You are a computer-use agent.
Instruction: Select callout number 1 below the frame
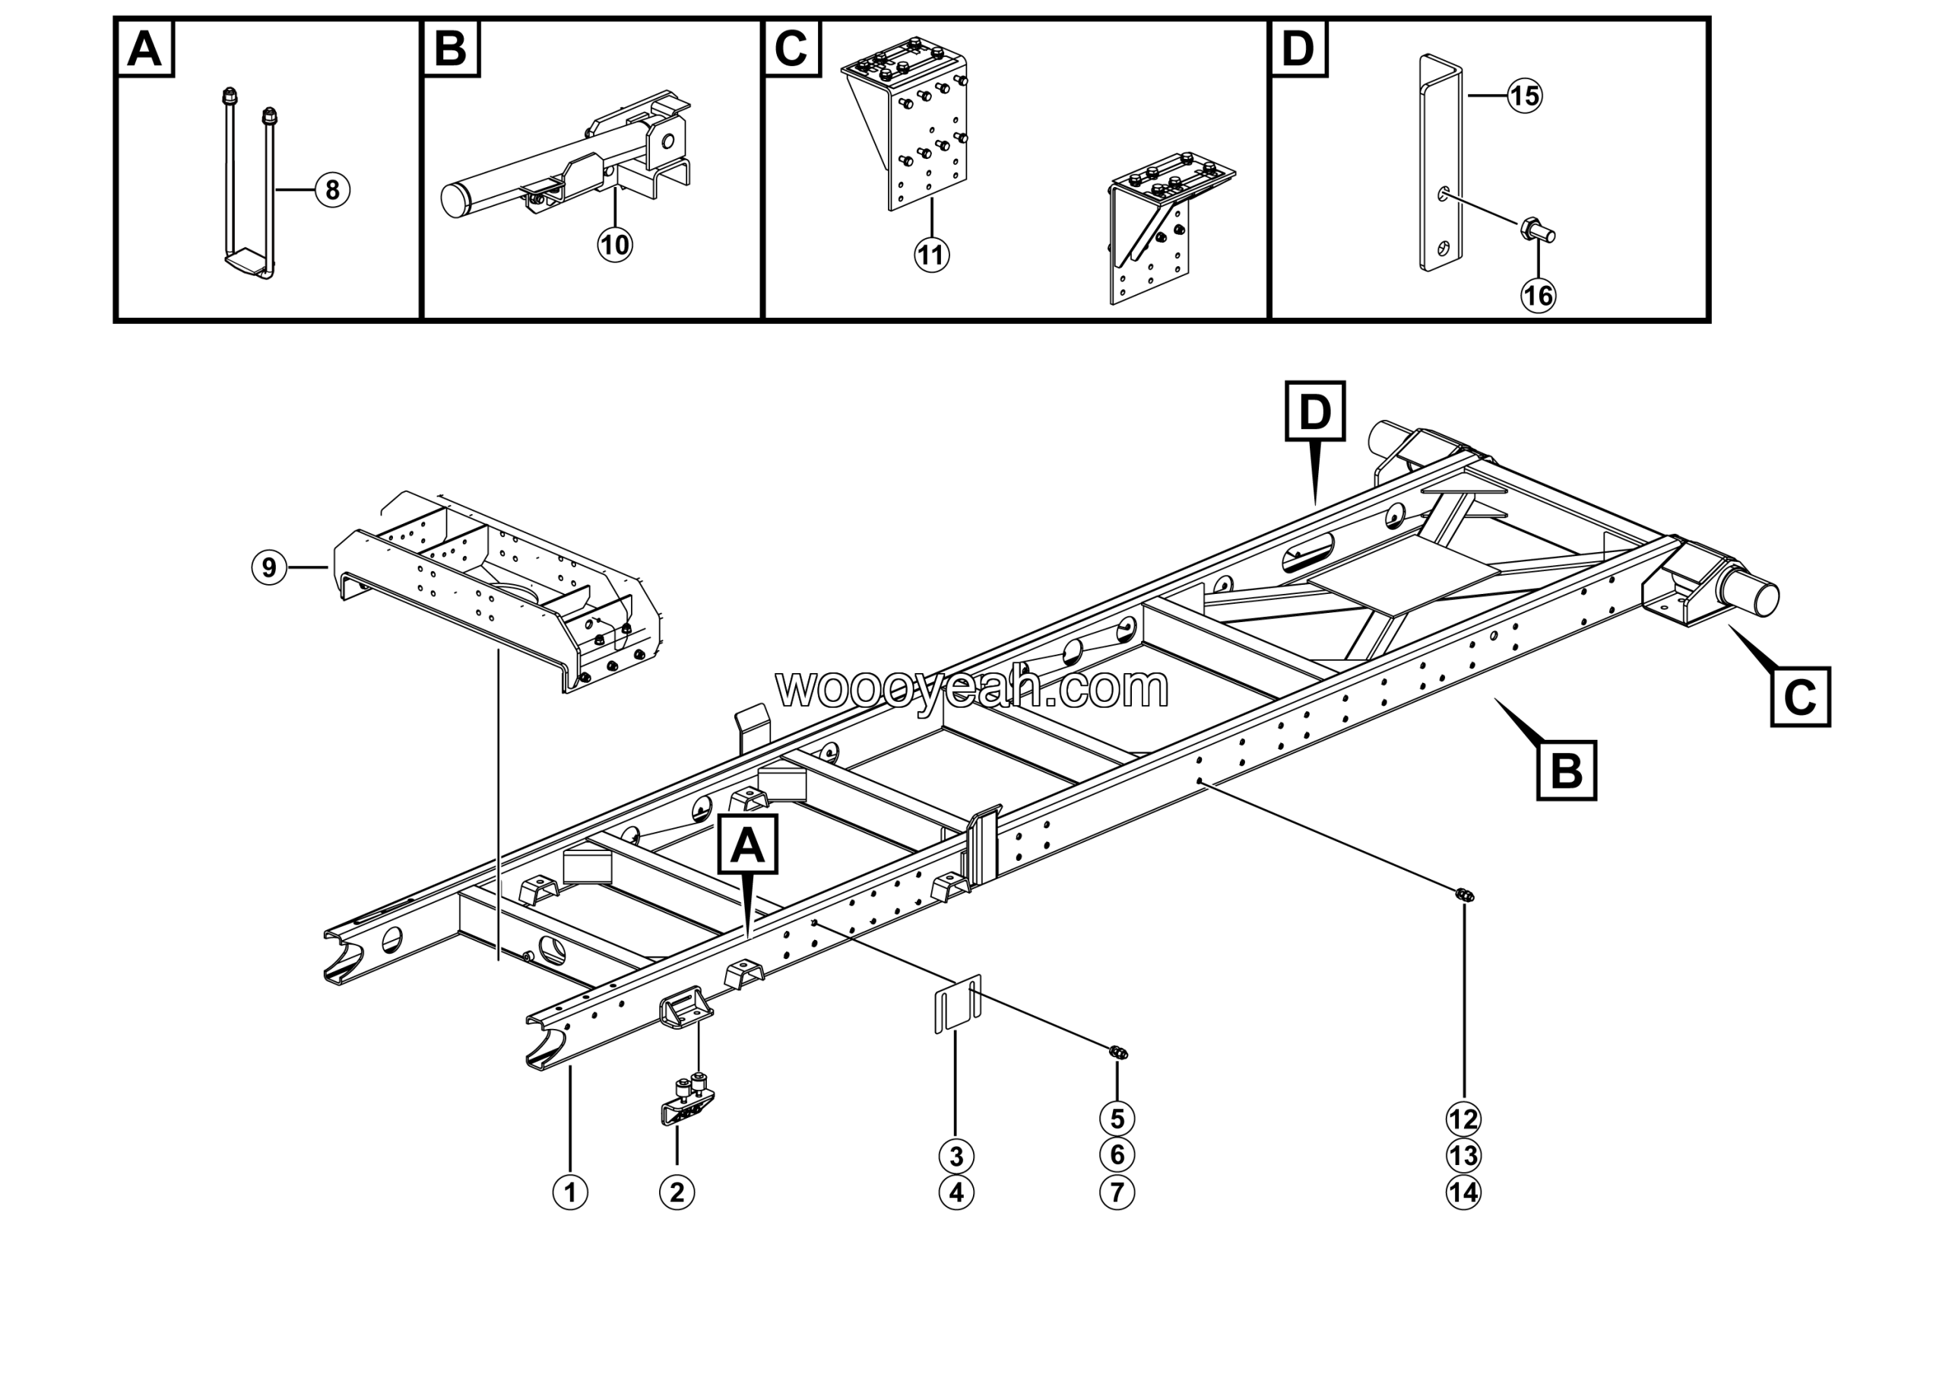tap(569, 1192)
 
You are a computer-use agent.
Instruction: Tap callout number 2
tap(677, 1192)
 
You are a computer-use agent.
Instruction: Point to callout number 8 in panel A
tap(332, 190)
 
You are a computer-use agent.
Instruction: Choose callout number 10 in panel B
tap(614, 245)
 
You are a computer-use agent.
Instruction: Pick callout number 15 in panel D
tap(1525, 96)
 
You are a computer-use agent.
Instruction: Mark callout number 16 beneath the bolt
tap(1539, 296)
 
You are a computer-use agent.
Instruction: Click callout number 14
tap(1464, 1192)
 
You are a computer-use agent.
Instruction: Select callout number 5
tap(1117, 1119)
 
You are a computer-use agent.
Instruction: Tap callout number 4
tap(956, 1192)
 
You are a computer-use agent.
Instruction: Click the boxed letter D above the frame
tap(1314, 411)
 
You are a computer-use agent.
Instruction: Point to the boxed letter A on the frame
tap(747, 844)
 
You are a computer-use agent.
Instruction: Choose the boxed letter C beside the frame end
tap(1800, 697)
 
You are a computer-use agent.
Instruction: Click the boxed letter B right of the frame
tap(1566, 770)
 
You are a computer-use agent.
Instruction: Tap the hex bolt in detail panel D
tap(1536, 230)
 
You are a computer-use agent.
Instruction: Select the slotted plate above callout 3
tap(958, 1004)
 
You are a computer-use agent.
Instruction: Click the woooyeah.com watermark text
tap(972, 687)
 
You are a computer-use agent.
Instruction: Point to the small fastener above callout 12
tap(1464, 895)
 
